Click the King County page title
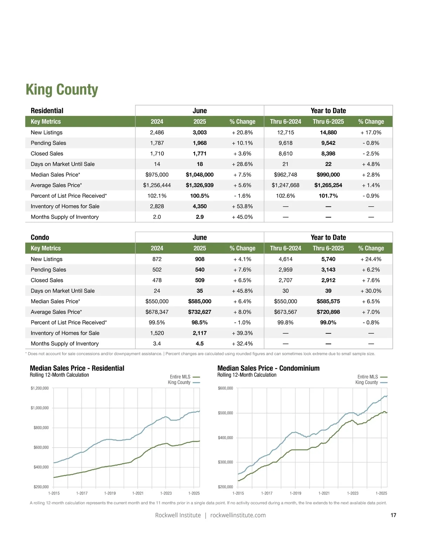tap(62, 90)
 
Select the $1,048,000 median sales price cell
tap(200, 175)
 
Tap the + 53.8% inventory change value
tap(242, 206)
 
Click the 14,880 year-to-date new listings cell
tap(328, 132)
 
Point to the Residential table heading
tap(47, 111)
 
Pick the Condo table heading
tap(40, 238)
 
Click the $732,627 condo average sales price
tap(200, 312)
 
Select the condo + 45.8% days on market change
tap(242, 291)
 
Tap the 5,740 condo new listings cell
tap(328, 259)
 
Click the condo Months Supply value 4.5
tap(200, 344)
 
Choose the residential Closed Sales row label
tap(47, 154)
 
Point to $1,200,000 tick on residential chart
tap(40, 388)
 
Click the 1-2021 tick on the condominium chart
tap(324, 493)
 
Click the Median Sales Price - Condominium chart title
tap(268, 368)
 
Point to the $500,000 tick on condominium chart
tap(225, 413)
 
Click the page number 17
tap(393, 515)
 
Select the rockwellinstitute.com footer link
tap(238, 515)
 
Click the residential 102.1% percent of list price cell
tap(157, 196)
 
